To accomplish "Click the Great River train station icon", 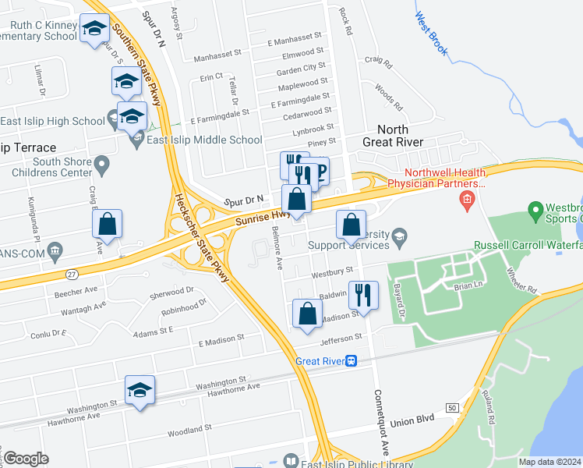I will [x=352, y=360].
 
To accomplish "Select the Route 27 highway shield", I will [x=51, y=274].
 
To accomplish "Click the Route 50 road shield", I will [x=451, y=407].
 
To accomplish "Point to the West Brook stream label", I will [x=431, y=34].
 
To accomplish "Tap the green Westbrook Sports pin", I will [x=535, y=210].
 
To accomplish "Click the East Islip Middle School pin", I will [x=138, y=140].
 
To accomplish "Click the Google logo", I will [x=26, y=459].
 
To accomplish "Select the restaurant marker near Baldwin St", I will [x=363, y=295].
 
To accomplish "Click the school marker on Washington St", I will [x=140, y=390].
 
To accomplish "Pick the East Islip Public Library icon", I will [x=291, y=462].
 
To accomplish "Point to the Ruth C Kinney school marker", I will [x=95, y=30].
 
